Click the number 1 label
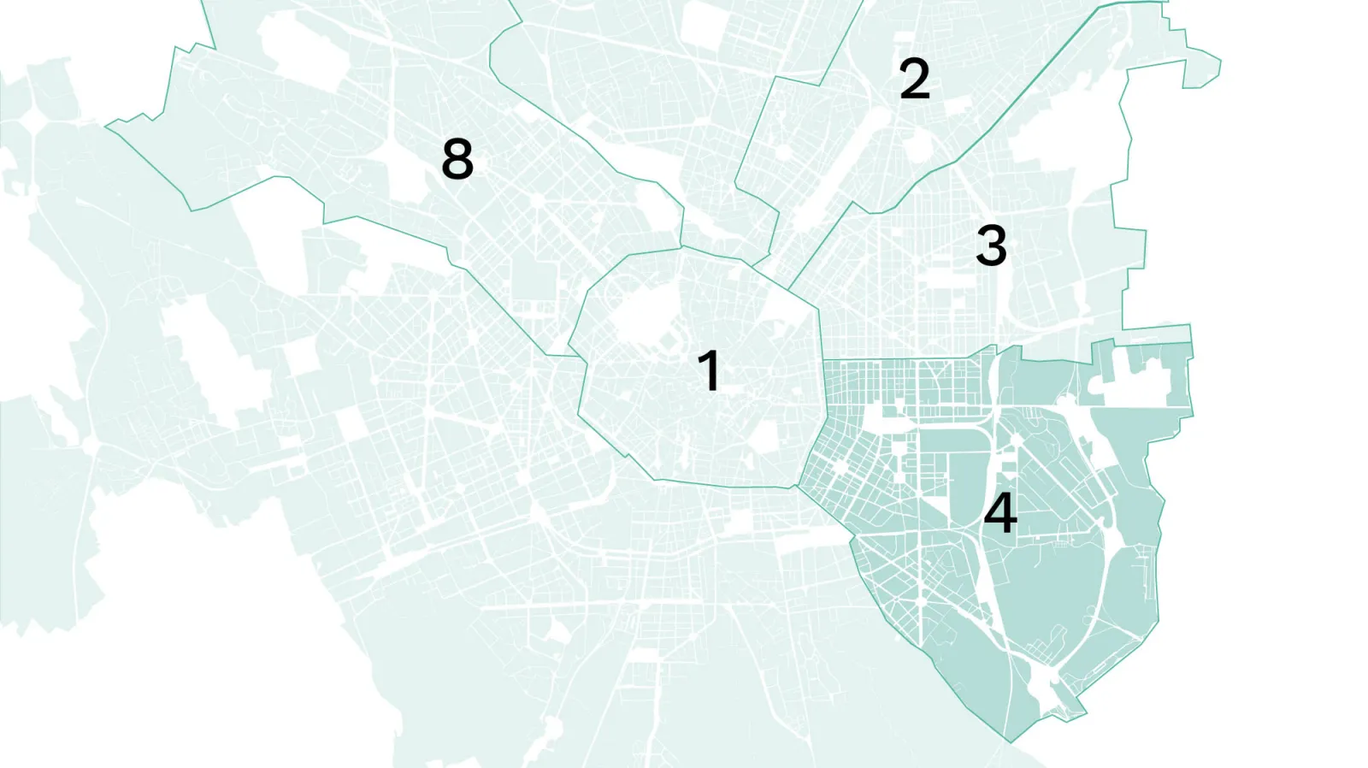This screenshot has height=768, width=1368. [x=709, y=370]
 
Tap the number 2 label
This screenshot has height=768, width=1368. [x=914, y=79]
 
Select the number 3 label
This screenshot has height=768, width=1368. [x=991, y=245]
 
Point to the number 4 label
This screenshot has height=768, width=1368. [x=999, y=512]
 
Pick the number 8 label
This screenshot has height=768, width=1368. [x=457, y=158]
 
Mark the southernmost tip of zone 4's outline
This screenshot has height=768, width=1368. [x=1010, y=741]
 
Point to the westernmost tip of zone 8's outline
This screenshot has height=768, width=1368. [x=106, y=127]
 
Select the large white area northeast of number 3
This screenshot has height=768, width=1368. [x=1069, y=128]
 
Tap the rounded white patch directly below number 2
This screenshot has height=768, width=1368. [x=915, y=145]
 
